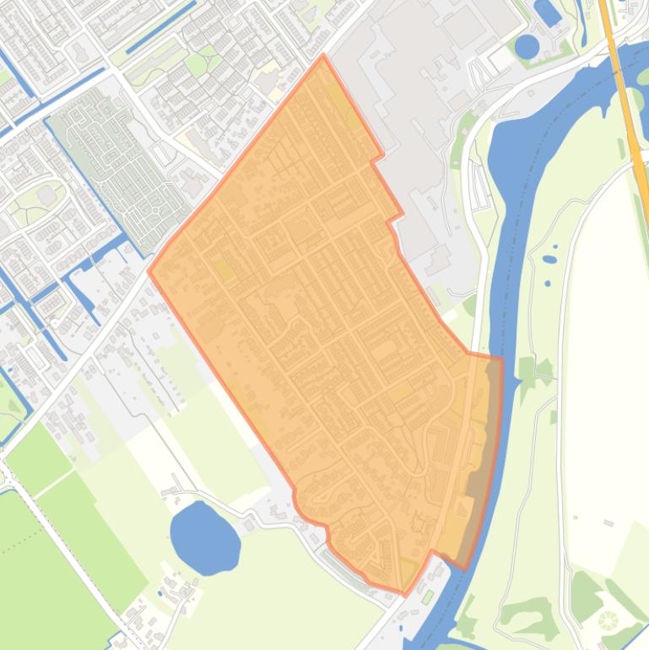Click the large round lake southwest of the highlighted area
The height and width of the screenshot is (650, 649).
pyautogui.click(x=204, y=536)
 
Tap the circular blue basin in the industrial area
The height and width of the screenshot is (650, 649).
pyautogui.click(x=527, y=46)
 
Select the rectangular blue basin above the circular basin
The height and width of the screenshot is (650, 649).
pyautogui.click(x=548, y=12)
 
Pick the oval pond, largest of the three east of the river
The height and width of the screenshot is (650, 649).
pyautogui.click(x=550, y=258)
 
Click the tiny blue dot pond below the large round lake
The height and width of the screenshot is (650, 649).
pyautogui.click(x=159, y=593)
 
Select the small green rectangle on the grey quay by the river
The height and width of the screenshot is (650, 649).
pyautogui.click(x=427, y=598)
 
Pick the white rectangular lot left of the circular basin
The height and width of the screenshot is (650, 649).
pyautogui.click(x=501, y=58)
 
